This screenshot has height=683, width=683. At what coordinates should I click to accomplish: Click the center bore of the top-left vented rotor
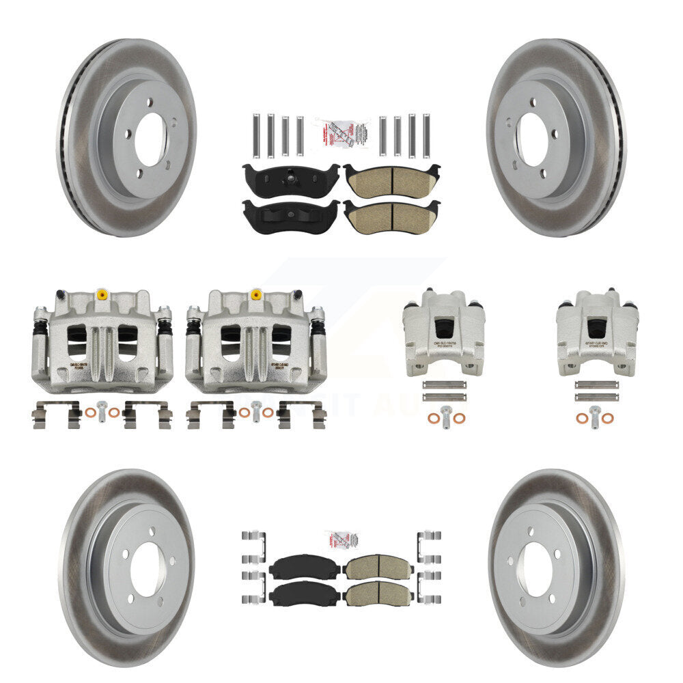click(x=150, y=139)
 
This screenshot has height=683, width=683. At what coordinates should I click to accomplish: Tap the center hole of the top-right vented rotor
click(x=531, y=139)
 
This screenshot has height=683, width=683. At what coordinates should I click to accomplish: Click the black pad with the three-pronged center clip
click(x=290, y=178)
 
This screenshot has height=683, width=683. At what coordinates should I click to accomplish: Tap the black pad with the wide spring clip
click(x=290, y=216)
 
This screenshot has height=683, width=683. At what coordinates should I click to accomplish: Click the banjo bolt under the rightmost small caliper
click(x=596, y=414)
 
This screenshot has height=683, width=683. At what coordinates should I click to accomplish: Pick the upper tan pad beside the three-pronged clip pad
click(x=391, y=180)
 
